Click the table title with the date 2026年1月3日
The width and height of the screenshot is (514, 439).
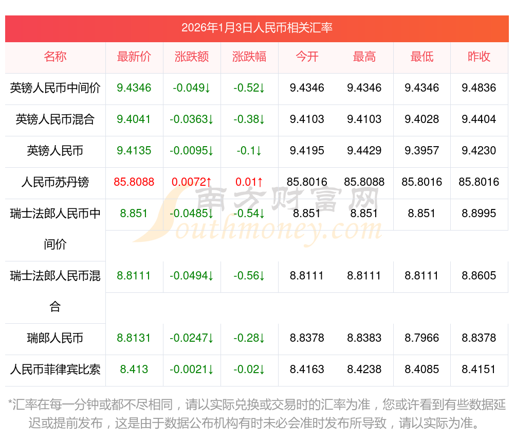(x=257, y=27)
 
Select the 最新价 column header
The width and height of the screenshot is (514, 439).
(x=134, y=57)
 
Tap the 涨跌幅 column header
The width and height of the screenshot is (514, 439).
(x=249, y=57)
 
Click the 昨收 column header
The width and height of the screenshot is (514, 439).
(x=479, y=57)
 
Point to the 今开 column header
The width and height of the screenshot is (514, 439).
(x=307, y=57)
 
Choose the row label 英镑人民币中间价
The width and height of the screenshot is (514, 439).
(x=55, y=88)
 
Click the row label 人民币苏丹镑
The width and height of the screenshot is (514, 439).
(x=55, y=182)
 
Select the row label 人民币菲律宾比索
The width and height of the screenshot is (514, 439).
(x=55, y=370)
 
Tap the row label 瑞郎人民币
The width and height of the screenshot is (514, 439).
(x=55, y=338)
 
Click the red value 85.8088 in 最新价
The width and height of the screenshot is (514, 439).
(x=134, y=182)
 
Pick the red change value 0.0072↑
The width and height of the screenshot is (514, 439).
(x=192, y=182)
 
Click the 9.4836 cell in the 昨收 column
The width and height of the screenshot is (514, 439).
(x=479, y=88)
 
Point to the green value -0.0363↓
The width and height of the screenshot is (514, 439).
(x=192, y=119)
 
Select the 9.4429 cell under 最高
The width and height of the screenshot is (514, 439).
(x=364, y=151)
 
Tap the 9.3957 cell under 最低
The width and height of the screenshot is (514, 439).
(x=422, y=151)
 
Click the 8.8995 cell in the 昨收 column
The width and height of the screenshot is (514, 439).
(x=479, y=214)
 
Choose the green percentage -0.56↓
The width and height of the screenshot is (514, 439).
(x=249, y=276)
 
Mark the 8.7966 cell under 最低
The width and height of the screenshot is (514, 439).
(x=422, y=338)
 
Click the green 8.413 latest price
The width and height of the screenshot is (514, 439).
(x=134, y=370)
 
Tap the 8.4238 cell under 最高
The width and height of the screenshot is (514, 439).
(x=364, y=370)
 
